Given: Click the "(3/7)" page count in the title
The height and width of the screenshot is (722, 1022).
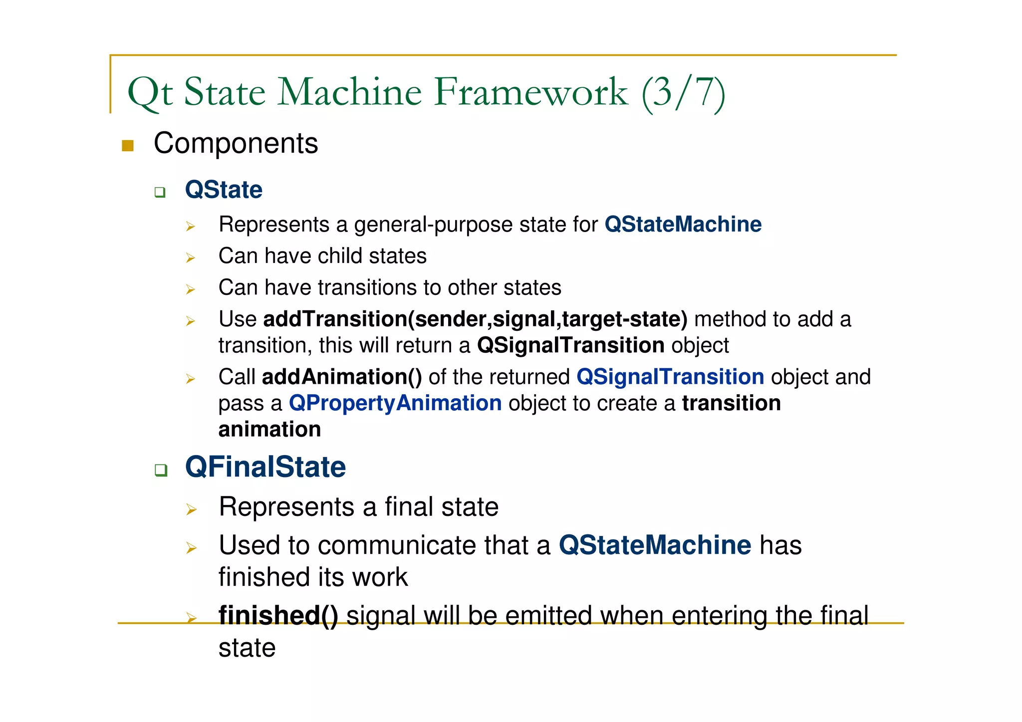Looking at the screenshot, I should [x=683, y=93].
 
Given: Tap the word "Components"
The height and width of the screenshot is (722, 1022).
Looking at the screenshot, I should [x=236, y=144].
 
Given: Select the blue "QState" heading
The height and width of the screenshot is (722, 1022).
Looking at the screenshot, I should [x=224, y=190].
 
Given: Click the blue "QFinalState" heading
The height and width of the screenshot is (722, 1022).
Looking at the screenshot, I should [x=265, y=468].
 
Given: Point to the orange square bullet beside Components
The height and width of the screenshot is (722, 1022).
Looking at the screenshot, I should [x=128, y=146].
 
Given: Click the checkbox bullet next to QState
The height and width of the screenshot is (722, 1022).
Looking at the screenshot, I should [x=160, y=192].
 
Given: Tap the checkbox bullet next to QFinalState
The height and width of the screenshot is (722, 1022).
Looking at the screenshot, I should [x=160, y=470].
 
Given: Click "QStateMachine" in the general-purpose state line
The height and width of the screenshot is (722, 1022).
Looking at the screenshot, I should [x=683, y=225].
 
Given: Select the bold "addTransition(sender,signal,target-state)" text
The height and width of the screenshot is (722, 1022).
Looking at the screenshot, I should [x=475, y=319].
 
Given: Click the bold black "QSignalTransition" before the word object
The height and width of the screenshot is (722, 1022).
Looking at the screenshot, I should [x=570, y=345].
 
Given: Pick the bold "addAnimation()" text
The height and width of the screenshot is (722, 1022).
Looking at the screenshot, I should [x=342, y=377].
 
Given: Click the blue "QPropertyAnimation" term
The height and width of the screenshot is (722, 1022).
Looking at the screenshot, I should [x=395, y=403].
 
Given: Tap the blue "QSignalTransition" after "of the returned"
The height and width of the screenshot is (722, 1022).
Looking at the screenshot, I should [x=670, y=377].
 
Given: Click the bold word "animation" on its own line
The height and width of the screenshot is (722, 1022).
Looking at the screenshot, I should [x=269, y=430].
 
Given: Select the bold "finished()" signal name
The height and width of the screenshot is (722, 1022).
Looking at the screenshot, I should [x=278, y=615].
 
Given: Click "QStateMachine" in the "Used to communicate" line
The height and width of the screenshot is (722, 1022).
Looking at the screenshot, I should [x=655, y=545].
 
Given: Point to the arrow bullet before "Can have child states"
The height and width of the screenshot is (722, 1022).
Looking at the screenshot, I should [x=190, y=258].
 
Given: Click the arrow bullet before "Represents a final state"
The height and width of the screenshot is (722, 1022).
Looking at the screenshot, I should [x=191, y=509].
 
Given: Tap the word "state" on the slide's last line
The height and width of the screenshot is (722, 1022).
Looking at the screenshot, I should [x=247, y=648].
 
